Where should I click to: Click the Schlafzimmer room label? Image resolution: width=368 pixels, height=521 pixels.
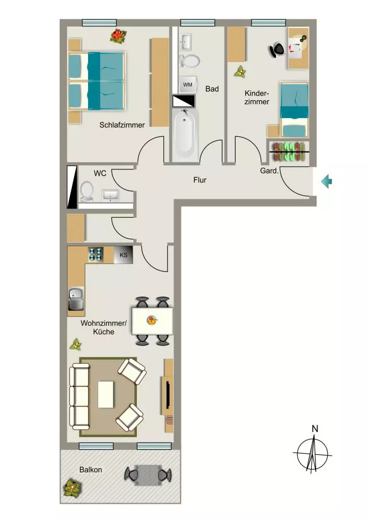point(122,125)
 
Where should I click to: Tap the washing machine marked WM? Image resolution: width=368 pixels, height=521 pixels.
point(188,85)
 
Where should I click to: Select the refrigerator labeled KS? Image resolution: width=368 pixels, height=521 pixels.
point(123,255)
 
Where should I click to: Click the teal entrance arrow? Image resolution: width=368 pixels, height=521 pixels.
point(326,182)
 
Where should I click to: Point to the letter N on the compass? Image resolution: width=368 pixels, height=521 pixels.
point(315,428)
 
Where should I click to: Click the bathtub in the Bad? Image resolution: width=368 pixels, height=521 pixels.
point(184,134)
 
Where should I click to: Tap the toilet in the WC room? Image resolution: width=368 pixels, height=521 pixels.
point(86,192)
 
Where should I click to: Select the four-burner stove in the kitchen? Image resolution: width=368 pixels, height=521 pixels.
point(95,254)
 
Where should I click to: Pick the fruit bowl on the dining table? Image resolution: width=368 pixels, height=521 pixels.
point(152,321)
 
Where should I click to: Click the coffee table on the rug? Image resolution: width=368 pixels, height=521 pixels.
point(106,394)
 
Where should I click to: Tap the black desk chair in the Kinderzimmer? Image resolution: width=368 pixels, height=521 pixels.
point(277,50)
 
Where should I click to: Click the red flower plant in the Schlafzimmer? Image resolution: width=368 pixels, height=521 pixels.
point(118,36)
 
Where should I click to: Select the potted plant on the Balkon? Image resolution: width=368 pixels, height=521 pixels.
point(72,488)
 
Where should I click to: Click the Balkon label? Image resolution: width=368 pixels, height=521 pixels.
point(91,470)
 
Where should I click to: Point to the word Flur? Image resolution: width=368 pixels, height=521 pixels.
point(200,180)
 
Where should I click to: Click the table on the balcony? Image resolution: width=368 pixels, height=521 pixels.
point(148,475)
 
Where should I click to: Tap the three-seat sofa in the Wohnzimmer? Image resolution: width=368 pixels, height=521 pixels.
point(79,396)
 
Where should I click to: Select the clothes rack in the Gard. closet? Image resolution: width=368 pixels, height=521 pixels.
point(289,152)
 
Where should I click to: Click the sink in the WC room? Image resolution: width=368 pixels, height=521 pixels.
point(110,195)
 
